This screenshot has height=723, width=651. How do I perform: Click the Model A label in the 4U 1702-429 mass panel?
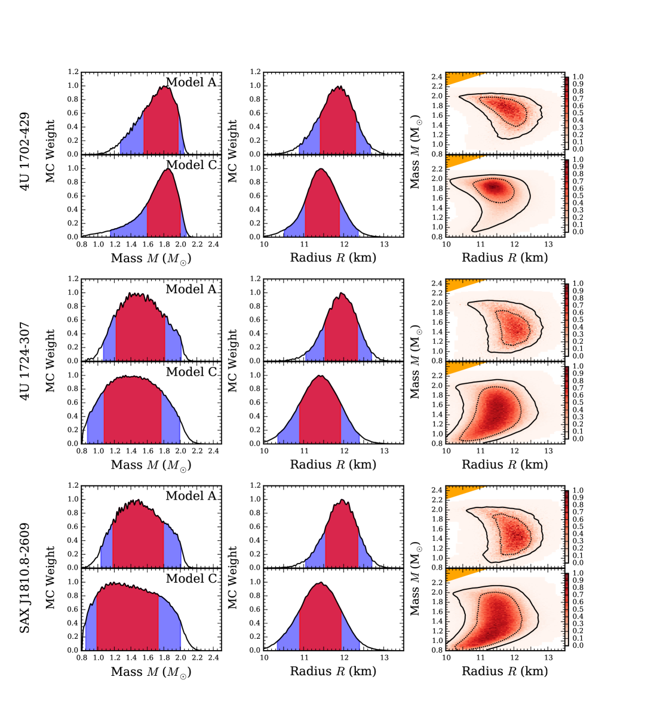(191, 82)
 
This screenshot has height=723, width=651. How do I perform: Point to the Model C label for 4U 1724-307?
(191, 372)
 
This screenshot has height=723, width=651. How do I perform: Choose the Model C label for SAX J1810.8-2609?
(191, 579)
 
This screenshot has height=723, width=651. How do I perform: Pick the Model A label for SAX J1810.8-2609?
(191, 496)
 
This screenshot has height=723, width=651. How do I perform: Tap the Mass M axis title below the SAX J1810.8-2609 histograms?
(151, 672)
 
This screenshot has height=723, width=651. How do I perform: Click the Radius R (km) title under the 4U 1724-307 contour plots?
(505, 464)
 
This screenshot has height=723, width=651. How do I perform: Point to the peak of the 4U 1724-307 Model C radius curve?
(321, 376)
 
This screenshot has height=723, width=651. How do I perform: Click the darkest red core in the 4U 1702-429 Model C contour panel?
(493, 187)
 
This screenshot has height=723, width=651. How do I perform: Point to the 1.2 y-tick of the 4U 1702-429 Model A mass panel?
(73, 72)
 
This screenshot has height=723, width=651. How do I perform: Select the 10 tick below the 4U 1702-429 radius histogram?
(264, 244)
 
